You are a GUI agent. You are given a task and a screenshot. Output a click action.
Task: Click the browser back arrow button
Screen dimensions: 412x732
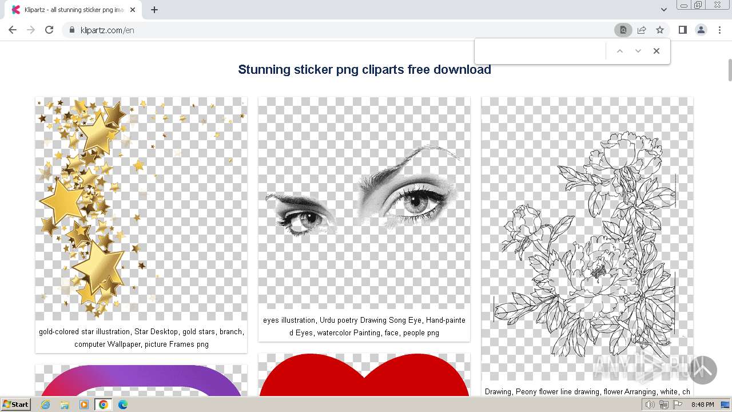pos(13,30)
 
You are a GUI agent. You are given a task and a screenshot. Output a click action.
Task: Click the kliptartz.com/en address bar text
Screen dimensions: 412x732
pos(108,30)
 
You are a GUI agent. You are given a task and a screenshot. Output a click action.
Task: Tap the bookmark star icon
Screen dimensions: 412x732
pos(660,30)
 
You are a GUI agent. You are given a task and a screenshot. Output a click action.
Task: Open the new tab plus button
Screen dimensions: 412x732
pos(154,10)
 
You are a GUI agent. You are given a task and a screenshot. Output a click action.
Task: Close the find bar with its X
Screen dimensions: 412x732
pos(657,51)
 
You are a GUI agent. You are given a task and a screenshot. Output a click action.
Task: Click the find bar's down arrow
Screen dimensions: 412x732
pos(638,51)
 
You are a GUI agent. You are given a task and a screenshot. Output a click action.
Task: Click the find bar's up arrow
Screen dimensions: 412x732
pos(619,51)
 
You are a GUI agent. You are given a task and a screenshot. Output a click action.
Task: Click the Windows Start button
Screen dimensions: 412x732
pos(16,405)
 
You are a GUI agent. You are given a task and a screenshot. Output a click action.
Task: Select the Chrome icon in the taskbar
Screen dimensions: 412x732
pos(103,405)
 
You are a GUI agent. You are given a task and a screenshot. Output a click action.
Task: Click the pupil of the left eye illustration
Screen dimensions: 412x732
pos(308,217)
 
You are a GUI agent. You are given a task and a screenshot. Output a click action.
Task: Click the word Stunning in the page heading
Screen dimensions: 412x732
pos(264,70)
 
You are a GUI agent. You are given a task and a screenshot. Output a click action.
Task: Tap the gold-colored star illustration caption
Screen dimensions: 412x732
pos(141,338)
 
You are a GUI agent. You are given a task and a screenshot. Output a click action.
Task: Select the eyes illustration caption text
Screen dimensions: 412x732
pos(364,326)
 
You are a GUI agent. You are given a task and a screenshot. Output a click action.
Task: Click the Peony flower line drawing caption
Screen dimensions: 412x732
pos(587,392)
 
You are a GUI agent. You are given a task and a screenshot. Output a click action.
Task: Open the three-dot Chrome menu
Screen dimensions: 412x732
pos(719,30)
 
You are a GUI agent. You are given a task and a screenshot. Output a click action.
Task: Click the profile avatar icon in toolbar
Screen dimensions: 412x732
pos(701,30)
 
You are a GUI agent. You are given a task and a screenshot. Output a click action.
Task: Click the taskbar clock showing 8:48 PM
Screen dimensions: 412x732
pos(702,405)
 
